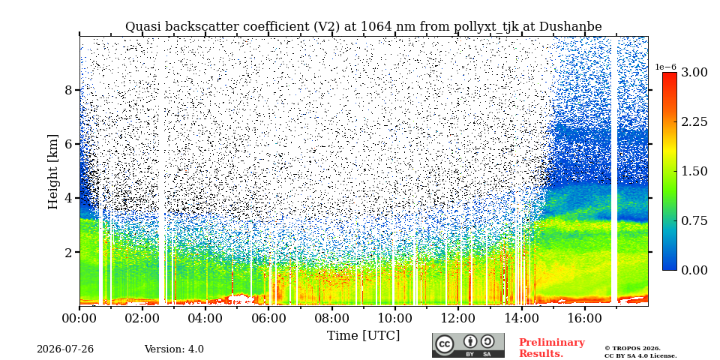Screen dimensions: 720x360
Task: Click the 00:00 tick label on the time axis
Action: pos(79,318)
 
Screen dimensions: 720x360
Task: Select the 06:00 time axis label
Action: pos(268,318)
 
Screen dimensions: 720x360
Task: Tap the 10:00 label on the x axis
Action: pos(394,318)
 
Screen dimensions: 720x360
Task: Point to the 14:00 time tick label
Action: pos(520,318)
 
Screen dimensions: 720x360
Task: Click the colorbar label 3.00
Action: pos(694,72)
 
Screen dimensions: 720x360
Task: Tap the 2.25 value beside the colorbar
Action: pos(694,121)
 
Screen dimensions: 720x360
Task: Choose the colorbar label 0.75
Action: pos(694,220)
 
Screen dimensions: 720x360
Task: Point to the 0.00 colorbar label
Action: pos(694,270)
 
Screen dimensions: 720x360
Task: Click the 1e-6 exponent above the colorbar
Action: pos(666,67)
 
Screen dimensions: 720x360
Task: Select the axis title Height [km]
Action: pos(54,172)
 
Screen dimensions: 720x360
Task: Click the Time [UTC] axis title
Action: pos(363,336)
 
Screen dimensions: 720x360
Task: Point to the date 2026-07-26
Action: pos(65,349)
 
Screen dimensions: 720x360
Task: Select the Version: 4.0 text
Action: pos(174,349)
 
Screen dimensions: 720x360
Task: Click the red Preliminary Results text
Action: pos(552,347)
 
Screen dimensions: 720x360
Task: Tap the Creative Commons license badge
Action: pos(468,345)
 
